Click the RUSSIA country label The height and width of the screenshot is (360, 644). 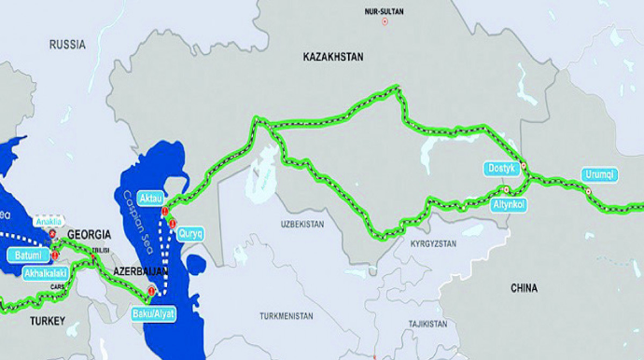tap(67, 44)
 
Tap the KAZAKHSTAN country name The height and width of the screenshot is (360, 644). tap(333, 58)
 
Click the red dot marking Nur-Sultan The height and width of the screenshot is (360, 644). tap(385, 21)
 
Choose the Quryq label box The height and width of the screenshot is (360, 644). tap(190, 234)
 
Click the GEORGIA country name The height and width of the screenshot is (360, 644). tap(91, 234)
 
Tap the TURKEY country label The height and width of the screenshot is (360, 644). tap(46, 321)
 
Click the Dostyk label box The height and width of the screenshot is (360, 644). tap(500, 169)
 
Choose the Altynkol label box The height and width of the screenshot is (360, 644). tap(510, 202)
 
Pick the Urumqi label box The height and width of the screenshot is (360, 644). tap(598, 174)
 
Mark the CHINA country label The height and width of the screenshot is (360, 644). tap(524, 289)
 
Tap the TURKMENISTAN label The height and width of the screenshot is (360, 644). tap(287, 316)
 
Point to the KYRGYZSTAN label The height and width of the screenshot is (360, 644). tap(433, 242)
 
